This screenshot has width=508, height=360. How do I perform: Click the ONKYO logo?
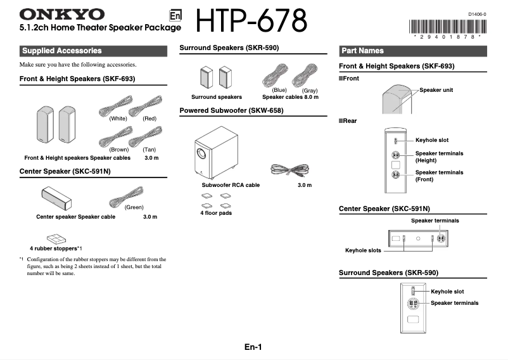coord(62,14)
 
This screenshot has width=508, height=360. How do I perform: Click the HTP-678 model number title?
coord(251,22)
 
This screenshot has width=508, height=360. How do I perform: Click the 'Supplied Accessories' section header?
coord(61,51)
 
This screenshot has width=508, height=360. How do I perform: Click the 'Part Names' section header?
coord(362,51)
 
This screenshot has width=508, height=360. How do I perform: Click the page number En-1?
coord(253,347)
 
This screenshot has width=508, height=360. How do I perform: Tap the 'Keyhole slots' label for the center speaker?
coord(363,250)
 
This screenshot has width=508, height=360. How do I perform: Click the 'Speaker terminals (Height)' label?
coord(439,157)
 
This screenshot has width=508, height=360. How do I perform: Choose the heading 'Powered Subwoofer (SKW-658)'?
coord(231,110)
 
